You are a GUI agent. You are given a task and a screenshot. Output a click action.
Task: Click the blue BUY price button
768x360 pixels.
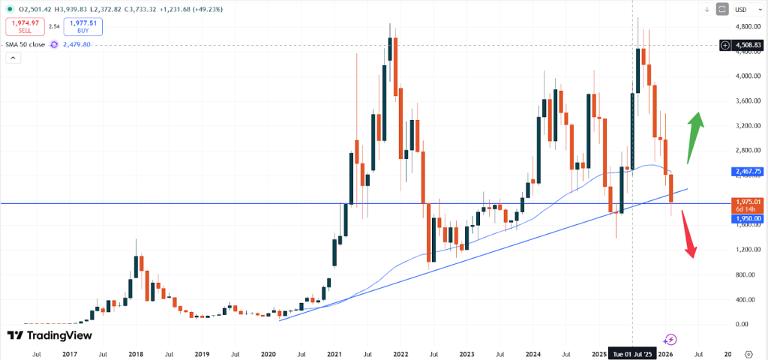pyautogui.click(x=82, y=27)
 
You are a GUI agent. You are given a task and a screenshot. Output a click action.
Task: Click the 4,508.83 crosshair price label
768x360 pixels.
pyautogui.click(x=748, y=45)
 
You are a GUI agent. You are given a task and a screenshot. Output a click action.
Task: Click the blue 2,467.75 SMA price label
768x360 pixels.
pyautogui.click(x=748, y=172)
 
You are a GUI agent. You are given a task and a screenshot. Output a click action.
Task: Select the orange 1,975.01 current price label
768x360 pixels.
pyautogui.click(x=748, y=201)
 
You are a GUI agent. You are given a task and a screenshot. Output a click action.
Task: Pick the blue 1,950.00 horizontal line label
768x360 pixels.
pyautogui.click(x=748, y=218)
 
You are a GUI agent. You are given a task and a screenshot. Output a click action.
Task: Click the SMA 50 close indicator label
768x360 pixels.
pyautogui.click(x=25, y=45)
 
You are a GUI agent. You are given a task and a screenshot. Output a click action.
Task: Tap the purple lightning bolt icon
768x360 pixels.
pyautogui.click(x=670, y=339)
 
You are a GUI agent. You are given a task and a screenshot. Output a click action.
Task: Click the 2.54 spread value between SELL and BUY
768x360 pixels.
pyautogui.click(x=53, y=27)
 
